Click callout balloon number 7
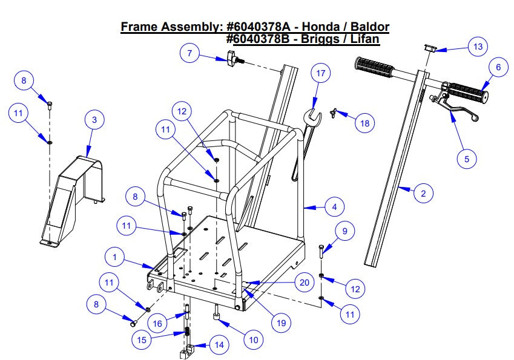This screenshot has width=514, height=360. point(189,53)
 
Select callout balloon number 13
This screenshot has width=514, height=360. point(478,47)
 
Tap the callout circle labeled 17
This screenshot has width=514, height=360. point(321,73)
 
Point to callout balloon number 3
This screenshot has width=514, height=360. point(94,120)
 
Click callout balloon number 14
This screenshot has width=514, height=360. point(219,345)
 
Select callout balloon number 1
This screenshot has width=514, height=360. point(113,257)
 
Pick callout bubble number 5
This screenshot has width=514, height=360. point(466,159)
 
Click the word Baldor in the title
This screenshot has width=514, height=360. point(367,27)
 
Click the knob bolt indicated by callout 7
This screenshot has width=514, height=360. point(233,59)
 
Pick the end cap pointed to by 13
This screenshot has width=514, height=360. point(429,48)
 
